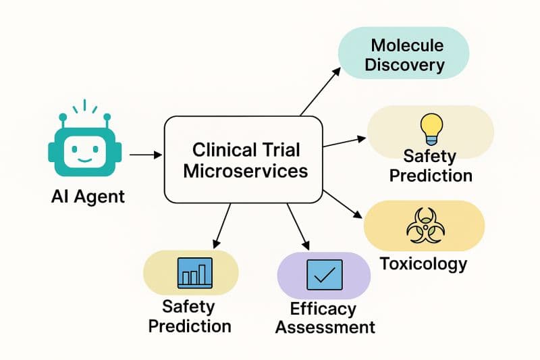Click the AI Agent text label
(x=88, y=197)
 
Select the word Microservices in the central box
(x=245, y=170)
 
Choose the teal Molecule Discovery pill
(x=408, y=55)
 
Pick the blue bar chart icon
(x=194, y=272)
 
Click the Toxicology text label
(x=423, y=263)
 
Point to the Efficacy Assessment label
(x=324, y=318)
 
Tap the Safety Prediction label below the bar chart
(x=190, y=316)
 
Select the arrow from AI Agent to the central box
(x=145, y=155)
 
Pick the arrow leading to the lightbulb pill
(x=344, y=141)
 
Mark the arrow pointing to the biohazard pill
(x=344, y=203)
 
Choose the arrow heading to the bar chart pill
(x=222, y=226)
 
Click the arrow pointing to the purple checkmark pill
(x=298, y=227)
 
